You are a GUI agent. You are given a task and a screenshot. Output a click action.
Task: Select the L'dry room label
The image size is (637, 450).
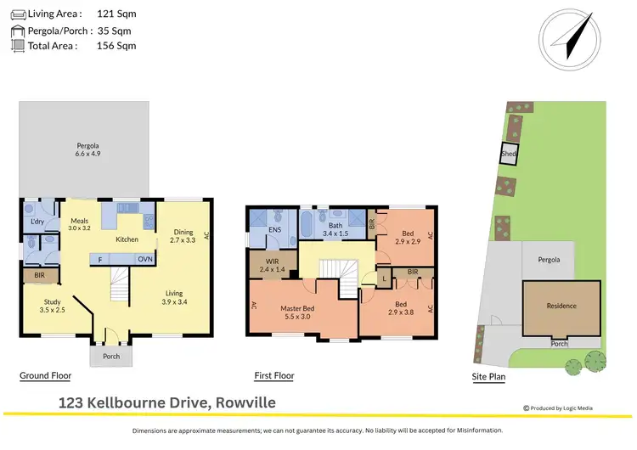(37, 222)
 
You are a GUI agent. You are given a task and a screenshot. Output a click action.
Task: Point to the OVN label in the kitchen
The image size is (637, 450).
(145, 260)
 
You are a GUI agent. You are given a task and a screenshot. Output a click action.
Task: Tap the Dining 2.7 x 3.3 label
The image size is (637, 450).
(183, 237)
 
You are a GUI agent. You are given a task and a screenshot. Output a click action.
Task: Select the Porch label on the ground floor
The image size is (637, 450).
(111, 356)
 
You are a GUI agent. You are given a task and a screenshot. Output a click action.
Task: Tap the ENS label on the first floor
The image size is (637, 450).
(274, 229)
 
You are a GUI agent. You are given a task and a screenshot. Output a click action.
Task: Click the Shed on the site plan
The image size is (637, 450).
(508, 155)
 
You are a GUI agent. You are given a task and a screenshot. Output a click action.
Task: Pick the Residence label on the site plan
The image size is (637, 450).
(561, 306)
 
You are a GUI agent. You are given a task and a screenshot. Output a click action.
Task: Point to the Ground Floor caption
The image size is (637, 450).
(45, 375)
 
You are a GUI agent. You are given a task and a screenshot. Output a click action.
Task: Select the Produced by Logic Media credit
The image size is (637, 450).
(558, 408)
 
